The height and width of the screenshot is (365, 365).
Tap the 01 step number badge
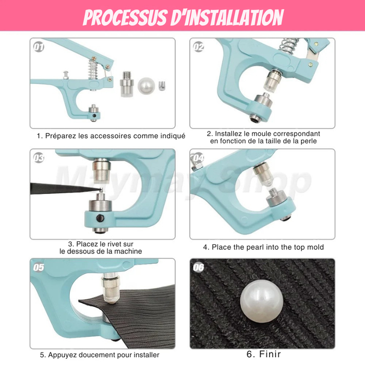tap(39, 47)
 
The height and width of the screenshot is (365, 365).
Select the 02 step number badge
tap(199, 47)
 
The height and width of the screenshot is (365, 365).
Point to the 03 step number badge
tap(39, 158)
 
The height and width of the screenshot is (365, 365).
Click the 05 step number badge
tap(39, 267)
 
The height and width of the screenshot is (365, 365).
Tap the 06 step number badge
tap(199, 267)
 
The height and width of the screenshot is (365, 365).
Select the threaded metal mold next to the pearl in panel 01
tap(127, 84)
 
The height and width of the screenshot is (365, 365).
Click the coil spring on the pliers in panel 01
tap(93, 69)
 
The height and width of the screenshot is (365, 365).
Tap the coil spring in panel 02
tap(289, 46)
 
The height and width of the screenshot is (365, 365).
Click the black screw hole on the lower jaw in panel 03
tap(100, 218)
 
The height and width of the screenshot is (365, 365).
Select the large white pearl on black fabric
tap(262, 301)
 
